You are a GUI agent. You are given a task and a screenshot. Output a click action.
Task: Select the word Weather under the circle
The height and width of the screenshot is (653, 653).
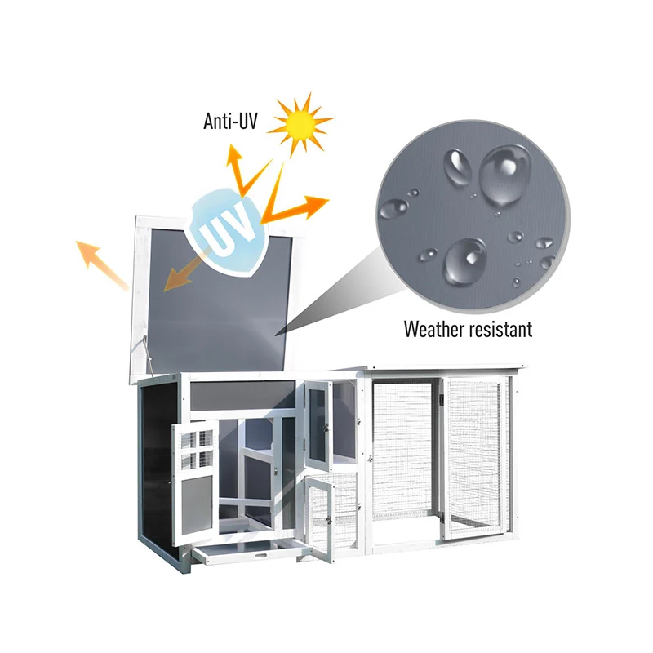coord(437,330)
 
